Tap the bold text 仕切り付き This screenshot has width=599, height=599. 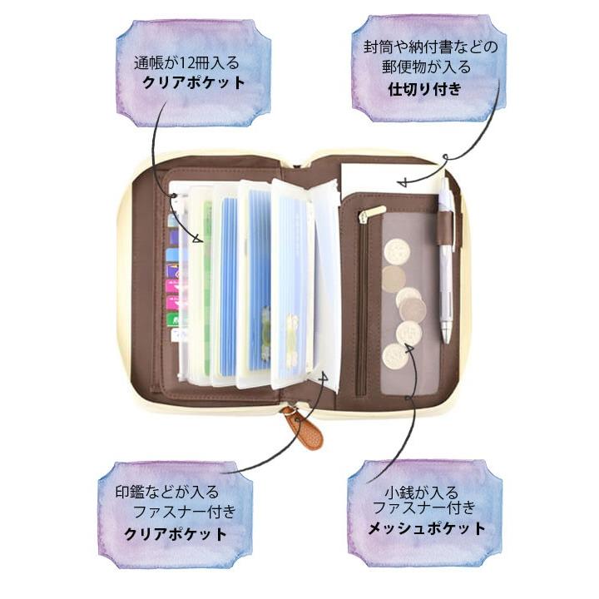[x=424, y=90]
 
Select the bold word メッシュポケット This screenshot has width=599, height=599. [x=427, y=528]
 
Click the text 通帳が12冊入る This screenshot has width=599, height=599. [x=188, y=62]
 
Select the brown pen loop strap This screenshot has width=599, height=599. [x=449, y=223]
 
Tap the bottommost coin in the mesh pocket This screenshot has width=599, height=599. [x=394, y=357]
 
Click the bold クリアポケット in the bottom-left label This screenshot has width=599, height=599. [x=174, y=533]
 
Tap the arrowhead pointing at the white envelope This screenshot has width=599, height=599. [x=402, y=181]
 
